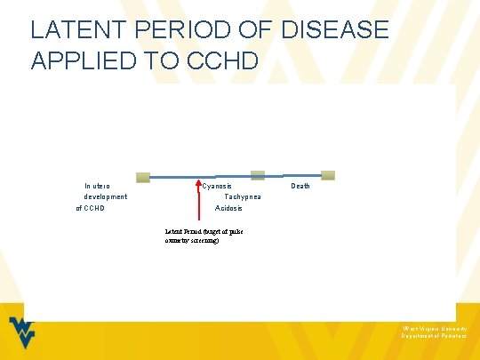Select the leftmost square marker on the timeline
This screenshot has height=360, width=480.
(x=143, y=177)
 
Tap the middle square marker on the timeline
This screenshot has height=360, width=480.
(x=258, y=175)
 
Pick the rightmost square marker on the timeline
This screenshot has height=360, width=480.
(x=328, y=175)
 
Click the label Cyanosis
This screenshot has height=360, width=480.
(x=217, y=186)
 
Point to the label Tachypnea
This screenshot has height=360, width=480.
(x=243, y=196)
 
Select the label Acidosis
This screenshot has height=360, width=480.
(x=229, y=208)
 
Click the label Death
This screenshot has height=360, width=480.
(x=300, y=186)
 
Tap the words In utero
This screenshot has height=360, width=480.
(x=98, y=186)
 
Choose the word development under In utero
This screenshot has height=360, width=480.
(x=105, y=196)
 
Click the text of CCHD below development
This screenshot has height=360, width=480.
(x=91, y=208)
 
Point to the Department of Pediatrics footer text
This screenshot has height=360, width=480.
(x=433, y=337)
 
